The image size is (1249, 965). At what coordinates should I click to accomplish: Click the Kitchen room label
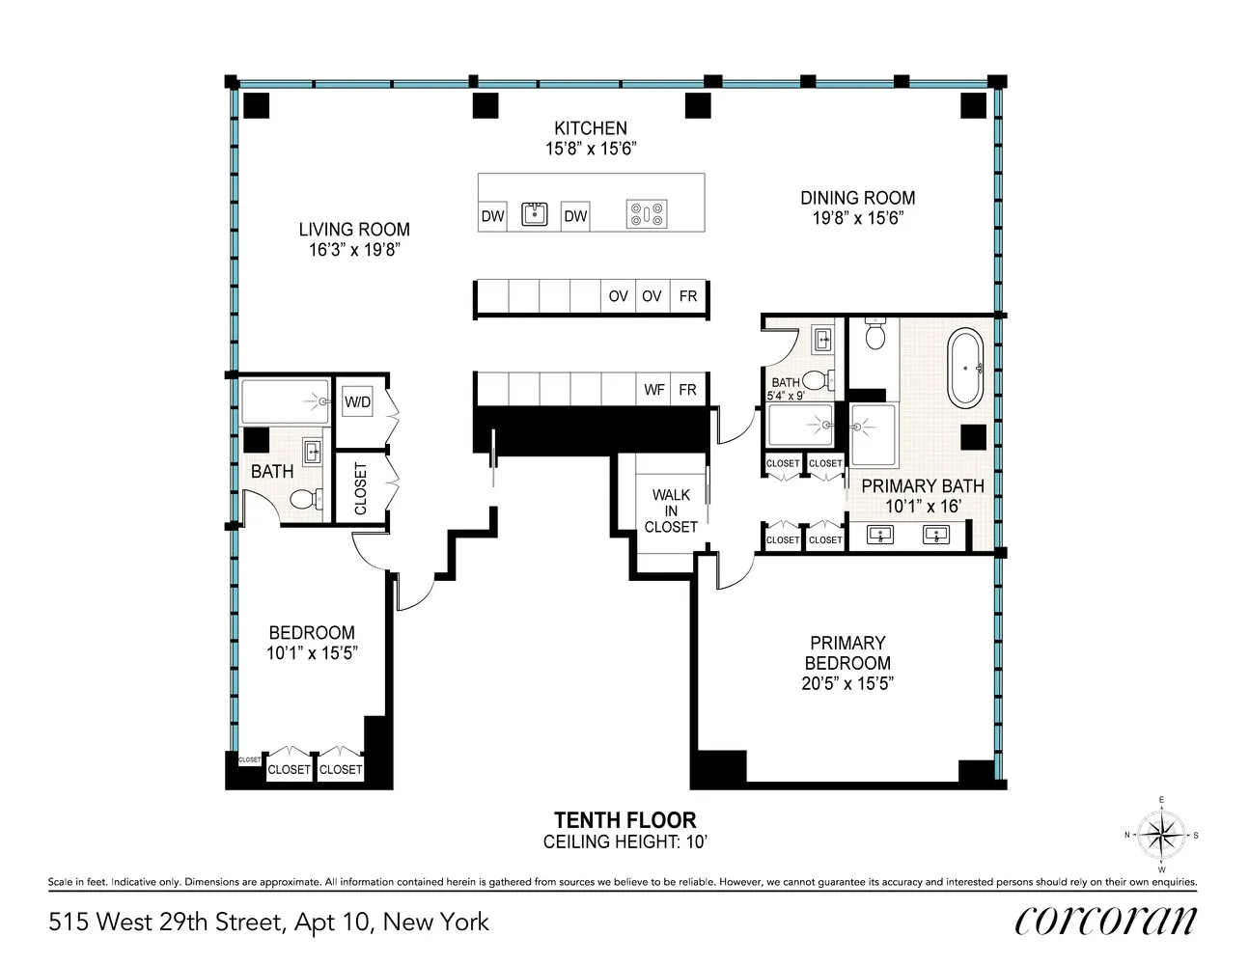[x=591, y=128]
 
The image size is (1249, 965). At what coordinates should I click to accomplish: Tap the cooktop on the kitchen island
[x=647, y=214]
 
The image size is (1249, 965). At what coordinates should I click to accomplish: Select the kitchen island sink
[x=535, y=214]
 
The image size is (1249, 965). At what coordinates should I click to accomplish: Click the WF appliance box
[x=654, y=390]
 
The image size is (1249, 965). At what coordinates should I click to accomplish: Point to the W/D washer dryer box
[x=357, y=401]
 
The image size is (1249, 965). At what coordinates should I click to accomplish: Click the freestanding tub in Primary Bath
[x=965, y=369]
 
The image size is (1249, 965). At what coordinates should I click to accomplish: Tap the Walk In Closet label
[x=671, y=510]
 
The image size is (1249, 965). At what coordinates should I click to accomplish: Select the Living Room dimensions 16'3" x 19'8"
[x=354, y=250]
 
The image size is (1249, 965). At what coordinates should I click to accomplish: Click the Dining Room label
[x=857, y=198]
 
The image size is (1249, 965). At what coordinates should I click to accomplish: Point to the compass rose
[x=1161, y=835]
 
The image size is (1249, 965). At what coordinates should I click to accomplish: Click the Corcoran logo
[x=1106, y=922]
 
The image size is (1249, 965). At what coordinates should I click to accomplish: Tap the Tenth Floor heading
[x=624, y=819]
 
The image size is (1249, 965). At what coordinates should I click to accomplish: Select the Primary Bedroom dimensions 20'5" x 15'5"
[x=847, y=683]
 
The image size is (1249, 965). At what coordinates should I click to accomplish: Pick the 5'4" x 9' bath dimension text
[x=785, y=396]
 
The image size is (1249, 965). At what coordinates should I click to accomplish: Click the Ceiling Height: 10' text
[x=624, y=842]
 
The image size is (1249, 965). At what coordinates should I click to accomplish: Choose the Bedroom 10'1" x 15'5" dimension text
[x=312, y=653]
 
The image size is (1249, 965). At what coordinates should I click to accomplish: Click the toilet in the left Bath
[x=306, y=498]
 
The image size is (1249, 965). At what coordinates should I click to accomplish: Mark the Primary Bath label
[x=923, y=486]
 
